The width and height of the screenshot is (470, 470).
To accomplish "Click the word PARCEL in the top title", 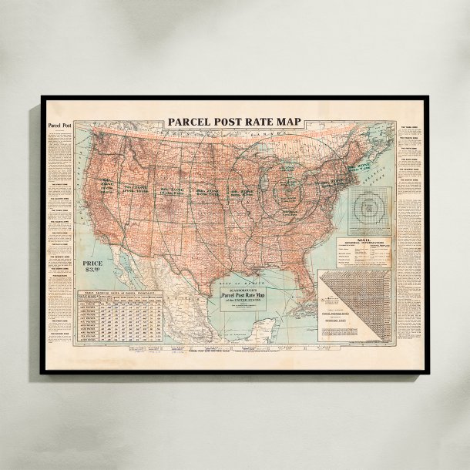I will pyautogui.click(x=192, y=123).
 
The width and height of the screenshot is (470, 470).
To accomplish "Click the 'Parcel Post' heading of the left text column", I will pyautogui.click(x=60, y=126).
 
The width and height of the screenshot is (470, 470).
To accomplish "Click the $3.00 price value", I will pyautogui.click(x=93, y=271).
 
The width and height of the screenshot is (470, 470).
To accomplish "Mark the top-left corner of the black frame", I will pyautogui.click(x=42, y=98).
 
